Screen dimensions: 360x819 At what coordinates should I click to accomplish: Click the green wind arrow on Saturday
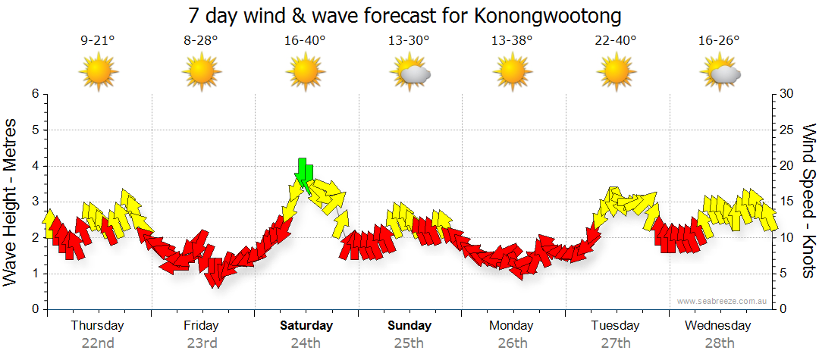(x=304, y=174)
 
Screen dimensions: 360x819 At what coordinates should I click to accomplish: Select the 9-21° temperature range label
(x=98, y=41)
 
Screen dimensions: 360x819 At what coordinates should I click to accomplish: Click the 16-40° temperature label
(x=306, y=41)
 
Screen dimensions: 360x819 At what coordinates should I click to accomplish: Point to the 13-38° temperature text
(x=512, y=41)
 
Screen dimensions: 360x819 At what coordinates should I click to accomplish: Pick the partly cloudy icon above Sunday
(x=409, y=73)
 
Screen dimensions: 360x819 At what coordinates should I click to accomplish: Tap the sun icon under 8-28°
(x=202, y=73)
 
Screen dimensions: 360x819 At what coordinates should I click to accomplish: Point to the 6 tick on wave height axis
(x=34, y=94)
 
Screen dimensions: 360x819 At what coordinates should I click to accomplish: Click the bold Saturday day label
(x=306, y=326)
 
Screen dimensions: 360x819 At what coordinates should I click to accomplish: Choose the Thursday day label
(x=98, y=326)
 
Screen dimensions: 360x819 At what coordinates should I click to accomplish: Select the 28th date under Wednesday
(x=718, y=343)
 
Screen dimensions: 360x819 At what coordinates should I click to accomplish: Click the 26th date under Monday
(x=512, y=343)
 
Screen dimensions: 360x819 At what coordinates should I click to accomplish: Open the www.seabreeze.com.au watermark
(x=723, y=302)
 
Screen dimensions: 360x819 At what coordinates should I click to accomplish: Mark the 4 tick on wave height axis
(x=34, y=166)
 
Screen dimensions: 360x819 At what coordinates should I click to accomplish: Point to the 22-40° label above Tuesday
(x=616, y=41)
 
